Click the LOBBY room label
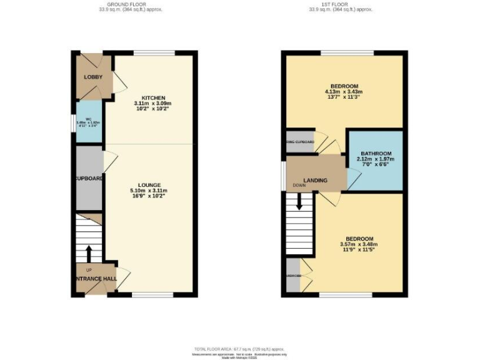point(93,77)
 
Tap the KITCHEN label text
point(153,98)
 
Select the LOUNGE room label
point(149,185)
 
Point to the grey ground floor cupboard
point(88,178)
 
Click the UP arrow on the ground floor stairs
point(88,253)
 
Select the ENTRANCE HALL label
point(93,277)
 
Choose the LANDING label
point(316,181)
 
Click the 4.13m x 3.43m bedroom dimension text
point(344,92)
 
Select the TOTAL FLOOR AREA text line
point(240,348)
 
